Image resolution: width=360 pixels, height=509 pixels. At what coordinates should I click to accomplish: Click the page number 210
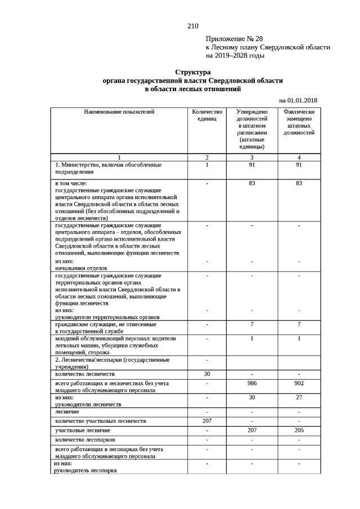[x=192, y=26]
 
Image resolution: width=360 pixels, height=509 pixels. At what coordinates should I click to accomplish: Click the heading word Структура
[x=192, y=73]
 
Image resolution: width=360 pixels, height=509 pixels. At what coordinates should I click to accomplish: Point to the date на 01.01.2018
[x=298, y=100]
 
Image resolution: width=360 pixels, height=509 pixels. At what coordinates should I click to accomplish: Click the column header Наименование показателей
[x=119, y=112]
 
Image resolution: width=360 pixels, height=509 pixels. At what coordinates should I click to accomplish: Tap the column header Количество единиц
[x=207, y=115]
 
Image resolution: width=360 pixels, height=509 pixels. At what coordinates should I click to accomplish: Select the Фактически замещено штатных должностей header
[x=299, y=122]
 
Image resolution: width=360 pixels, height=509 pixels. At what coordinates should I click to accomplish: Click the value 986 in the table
[x=252, y=383]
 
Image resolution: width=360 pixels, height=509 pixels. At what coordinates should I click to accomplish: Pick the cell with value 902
[x=299, y=383]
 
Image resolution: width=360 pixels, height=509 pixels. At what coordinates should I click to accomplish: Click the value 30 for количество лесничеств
[x=207, y=374]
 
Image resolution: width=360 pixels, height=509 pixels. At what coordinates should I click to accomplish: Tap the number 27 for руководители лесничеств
[x=299, y=397]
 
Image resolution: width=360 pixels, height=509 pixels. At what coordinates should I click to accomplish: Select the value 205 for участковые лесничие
[x=299, y=430]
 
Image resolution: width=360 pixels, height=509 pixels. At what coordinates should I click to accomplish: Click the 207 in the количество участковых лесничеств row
[x=207, y=421]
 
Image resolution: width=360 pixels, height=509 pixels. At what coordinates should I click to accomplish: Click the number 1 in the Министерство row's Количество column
[x=207, y=165]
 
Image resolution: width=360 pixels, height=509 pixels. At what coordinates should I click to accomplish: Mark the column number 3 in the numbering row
[x=252, y=157]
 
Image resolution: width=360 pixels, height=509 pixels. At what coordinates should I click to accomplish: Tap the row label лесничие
[x=67, y=412]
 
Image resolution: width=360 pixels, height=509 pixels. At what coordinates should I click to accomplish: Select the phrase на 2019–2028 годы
[x=235, y=56]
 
